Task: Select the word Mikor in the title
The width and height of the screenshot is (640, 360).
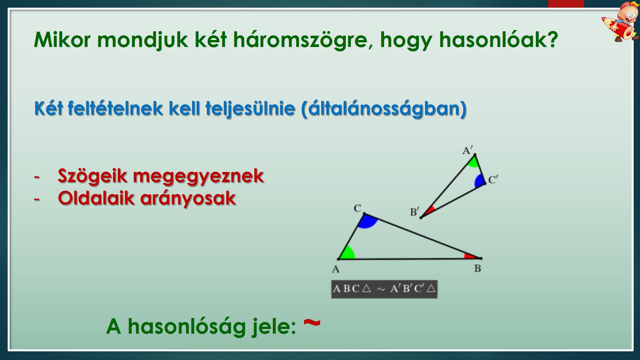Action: pos(62,40)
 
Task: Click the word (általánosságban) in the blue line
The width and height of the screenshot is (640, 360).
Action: pos(383,109)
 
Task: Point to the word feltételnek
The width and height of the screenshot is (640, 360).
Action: pos(115,108)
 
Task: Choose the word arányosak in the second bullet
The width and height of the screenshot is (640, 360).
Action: pos(188,199)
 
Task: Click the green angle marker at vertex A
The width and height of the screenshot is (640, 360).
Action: pos(348,253)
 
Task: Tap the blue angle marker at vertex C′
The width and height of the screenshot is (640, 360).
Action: pos(480,181)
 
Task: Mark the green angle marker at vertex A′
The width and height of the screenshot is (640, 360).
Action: pos(473,162)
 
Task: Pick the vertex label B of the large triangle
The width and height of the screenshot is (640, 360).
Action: pos(478,268)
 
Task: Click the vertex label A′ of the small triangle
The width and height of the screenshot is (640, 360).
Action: pos(468,150)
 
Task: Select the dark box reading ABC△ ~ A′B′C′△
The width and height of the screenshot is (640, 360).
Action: pos(384,289)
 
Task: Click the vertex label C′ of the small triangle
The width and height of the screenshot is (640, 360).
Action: pos(493,180)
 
